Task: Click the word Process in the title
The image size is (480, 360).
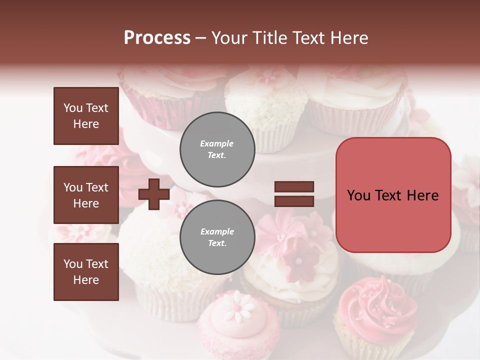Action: [x=157, y=38]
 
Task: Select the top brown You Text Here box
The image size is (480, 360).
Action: [x=86, y=116]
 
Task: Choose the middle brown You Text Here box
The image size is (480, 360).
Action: [x=86, y=195]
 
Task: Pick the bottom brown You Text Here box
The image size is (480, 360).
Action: [x=86, y=272]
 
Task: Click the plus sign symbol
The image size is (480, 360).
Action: [x=154, y=194]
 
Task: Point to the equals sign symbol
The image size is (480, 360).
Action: [x=294, y=194]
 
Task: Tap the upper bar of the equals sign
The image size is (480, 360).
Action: [x=294, y=187]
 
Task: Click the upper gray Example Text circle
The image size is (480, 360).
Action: [x=217, y=149]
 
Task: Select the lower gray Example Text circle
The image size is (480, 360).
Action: [x=217, y=237]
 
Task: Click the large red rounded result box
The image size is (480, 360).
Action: [x=393, y=195]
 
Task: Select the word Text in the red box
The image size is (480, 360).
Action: [x=391, y=195]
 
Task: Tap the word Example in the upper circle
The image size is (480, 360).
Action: [x=217, y=143]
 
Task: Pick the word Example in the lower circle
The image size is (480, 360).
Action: [x=217, y=231]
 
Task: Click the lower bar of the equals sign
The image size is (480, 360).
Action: [x=294, y=201]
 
